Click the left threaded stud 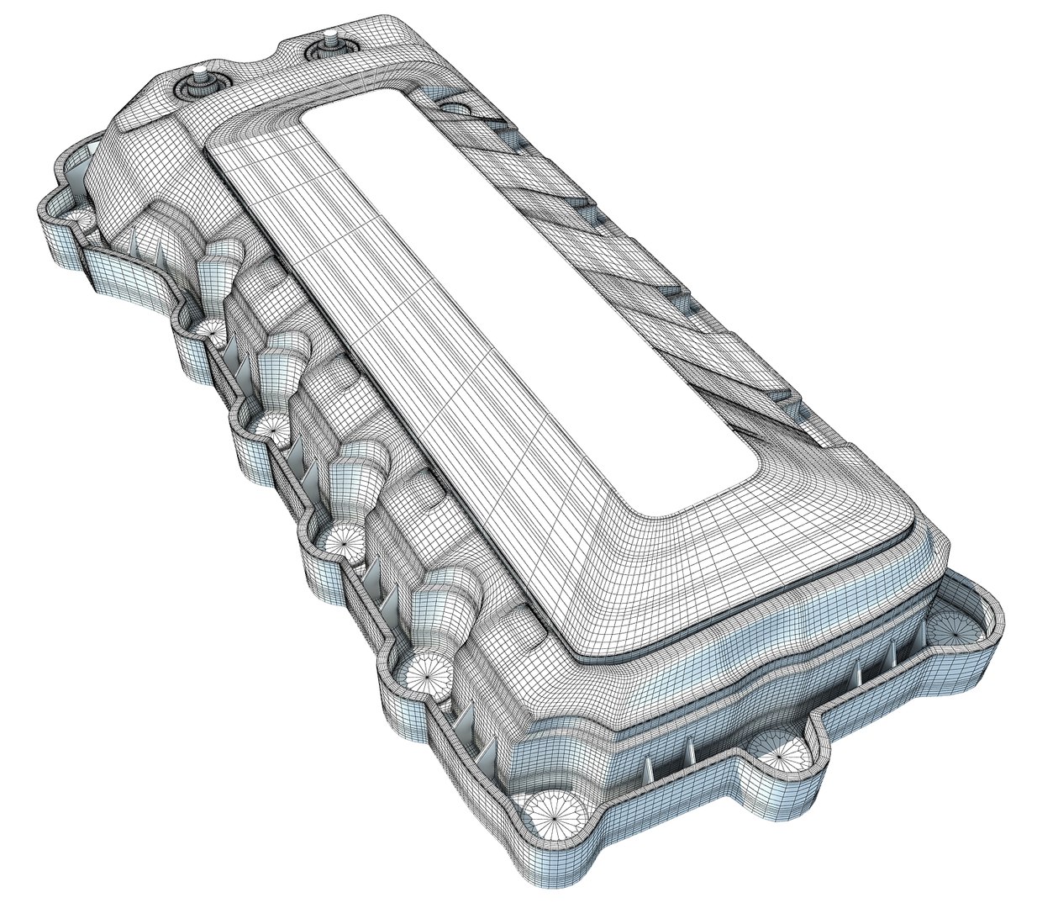(x=199, y=73)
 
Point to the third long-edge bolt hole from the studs (x=270, y=427)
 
